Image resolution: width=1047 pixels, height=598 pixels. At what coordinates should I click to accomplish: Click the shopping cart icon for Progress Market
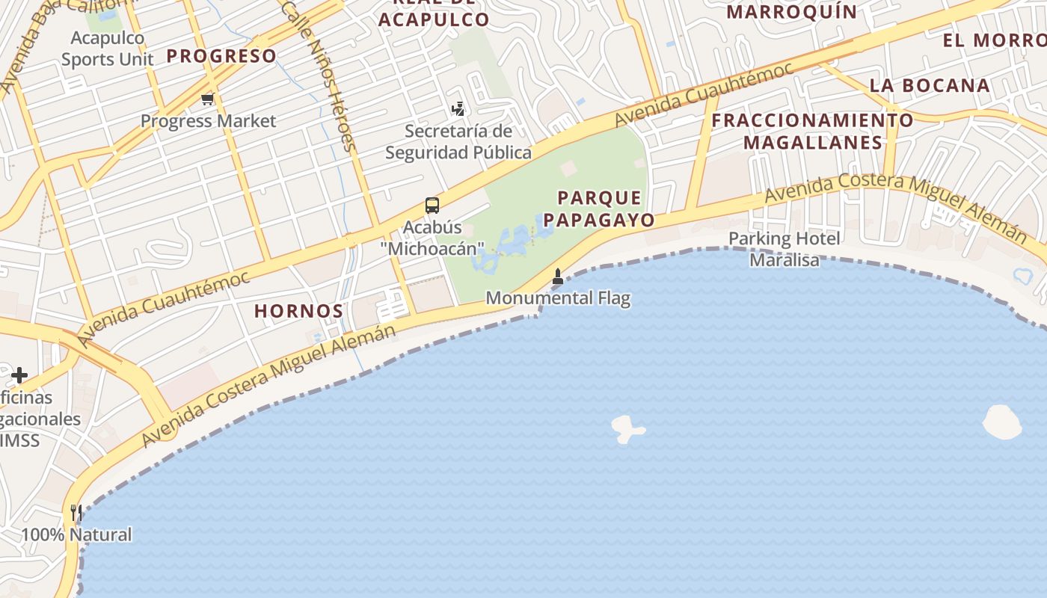pyautogui.click(x=207, y=99)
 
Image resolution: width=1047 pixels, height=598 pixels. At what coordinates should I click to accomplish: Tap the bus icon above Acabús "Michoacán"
pyautogui.click(x=432, y=205)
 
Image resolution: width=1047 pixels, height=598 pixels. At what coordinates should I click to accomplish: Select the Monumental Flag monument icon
pyautogui.click(x=557, y=277)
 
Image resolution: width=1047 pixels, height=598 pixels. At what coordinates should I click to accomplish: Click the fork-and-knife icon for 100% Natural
pyautogui.click(x=76, y=513)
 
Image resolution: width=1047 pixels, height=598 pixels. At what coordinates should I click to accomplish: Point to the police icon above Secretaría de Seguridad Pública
pyautogui.click(x=458, y=110)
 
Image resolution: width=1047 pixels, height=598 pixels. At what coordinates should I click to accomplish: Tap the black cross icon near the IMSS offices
pyautogui.click(x=19, y=374)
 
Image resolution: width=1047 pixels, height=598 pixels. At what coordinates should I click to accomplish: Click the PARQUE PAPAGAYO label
pyautogui.click(x=599, y=209)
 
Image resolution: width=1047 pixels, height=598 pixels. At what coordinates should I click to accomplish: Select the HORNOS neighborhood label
pyautogui.click(x=298, y=311)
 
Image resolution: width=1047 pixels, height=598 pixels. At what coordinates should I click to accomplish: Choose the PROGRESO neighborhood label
pyautogui.click(x=221, y=55)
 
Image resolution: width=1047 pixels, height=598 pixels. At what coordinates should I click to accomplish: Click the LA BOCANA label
pyautogui.click(x=930, y=85)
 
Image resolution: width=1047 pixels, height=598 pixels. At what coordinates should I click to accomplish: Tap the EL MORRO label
pyautogui.click(x=994, y=40)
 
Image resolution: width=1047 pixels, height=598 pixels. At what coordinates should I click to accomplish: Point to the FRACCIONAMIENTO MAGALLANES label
pyautogui.click(x=812, y=131)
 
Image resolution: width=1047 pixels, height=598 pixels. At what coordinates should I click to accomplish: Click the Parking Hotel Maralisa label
pyautogui.click(x=785, y=249)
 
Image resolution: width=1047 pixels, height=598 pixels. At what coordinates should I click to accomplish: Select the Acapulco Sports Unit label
pyautogui.click(x=108, y=48)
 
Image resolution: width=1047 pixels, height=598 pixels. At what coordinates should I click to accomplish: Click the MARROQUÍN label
pyautogui.click(x=792, y=12)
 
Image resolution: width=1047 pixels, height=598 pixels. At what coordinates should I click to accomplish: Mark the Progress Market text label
pyautogui.click(x=209, y=121)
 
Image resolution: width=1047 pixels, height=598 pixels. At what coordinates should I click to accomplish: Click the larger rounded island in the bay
pyautogui.click(x=1001, y=422)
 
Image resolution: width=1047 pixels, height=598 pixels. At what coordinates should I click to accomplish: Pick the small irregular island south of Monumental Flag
pyautogui.click(x=626, y=429)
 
